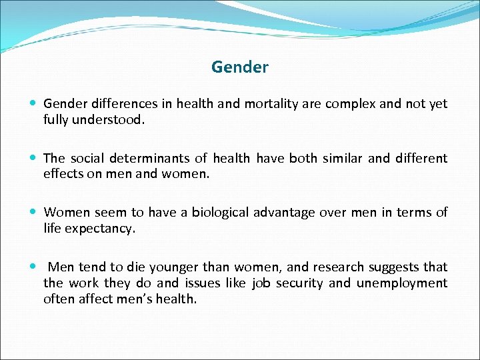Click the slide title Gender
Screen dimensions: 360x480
[x=240, y=67]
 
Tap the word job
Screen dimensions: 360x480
[x=261, y=283]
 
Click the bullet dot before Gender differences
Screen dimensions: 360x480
[x=33, y=104]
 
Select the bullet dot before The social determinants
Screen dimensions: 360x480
[x=33, y=159]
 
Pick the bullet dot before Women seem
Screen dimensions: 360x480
[x=33, y=213]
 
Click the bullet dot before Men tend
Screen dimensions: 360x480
[x=33, y=267]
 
